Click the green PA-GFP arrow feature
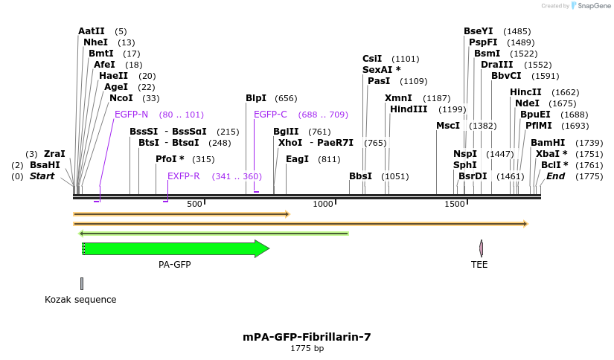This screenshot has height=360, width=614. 175,249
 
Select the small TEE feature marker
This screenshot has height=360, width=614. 482,248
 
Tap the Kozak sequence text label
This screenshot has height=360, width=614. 80,300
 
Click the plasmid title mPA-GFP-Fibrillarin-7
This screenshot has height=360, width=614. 307,337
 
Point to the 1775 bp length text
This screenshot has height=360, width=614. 307,348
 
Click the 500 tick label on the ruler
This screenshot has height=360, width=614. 194,204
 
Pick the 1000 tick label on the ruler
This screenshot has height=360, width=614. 323,204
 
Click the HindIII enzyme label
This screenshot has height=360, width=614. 409,109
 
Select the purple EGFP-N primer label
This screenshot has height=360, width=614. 131,115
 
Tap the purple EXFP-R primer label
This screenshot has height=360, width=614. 183,176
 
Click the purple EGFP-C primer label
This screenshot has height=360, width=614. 270,115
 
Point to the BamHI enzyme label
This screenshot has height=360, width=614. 548,143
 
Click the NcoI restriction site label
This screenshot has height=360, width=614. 121,98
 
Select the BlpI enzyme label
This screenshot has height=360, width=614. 256,98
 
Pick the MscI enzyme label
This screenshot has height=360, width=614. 448,126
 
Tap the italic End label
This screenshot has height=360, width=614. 555,176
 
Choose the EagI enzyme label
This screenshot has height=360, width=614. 297,159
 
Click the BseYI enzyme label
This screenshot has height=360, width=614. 478,31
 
